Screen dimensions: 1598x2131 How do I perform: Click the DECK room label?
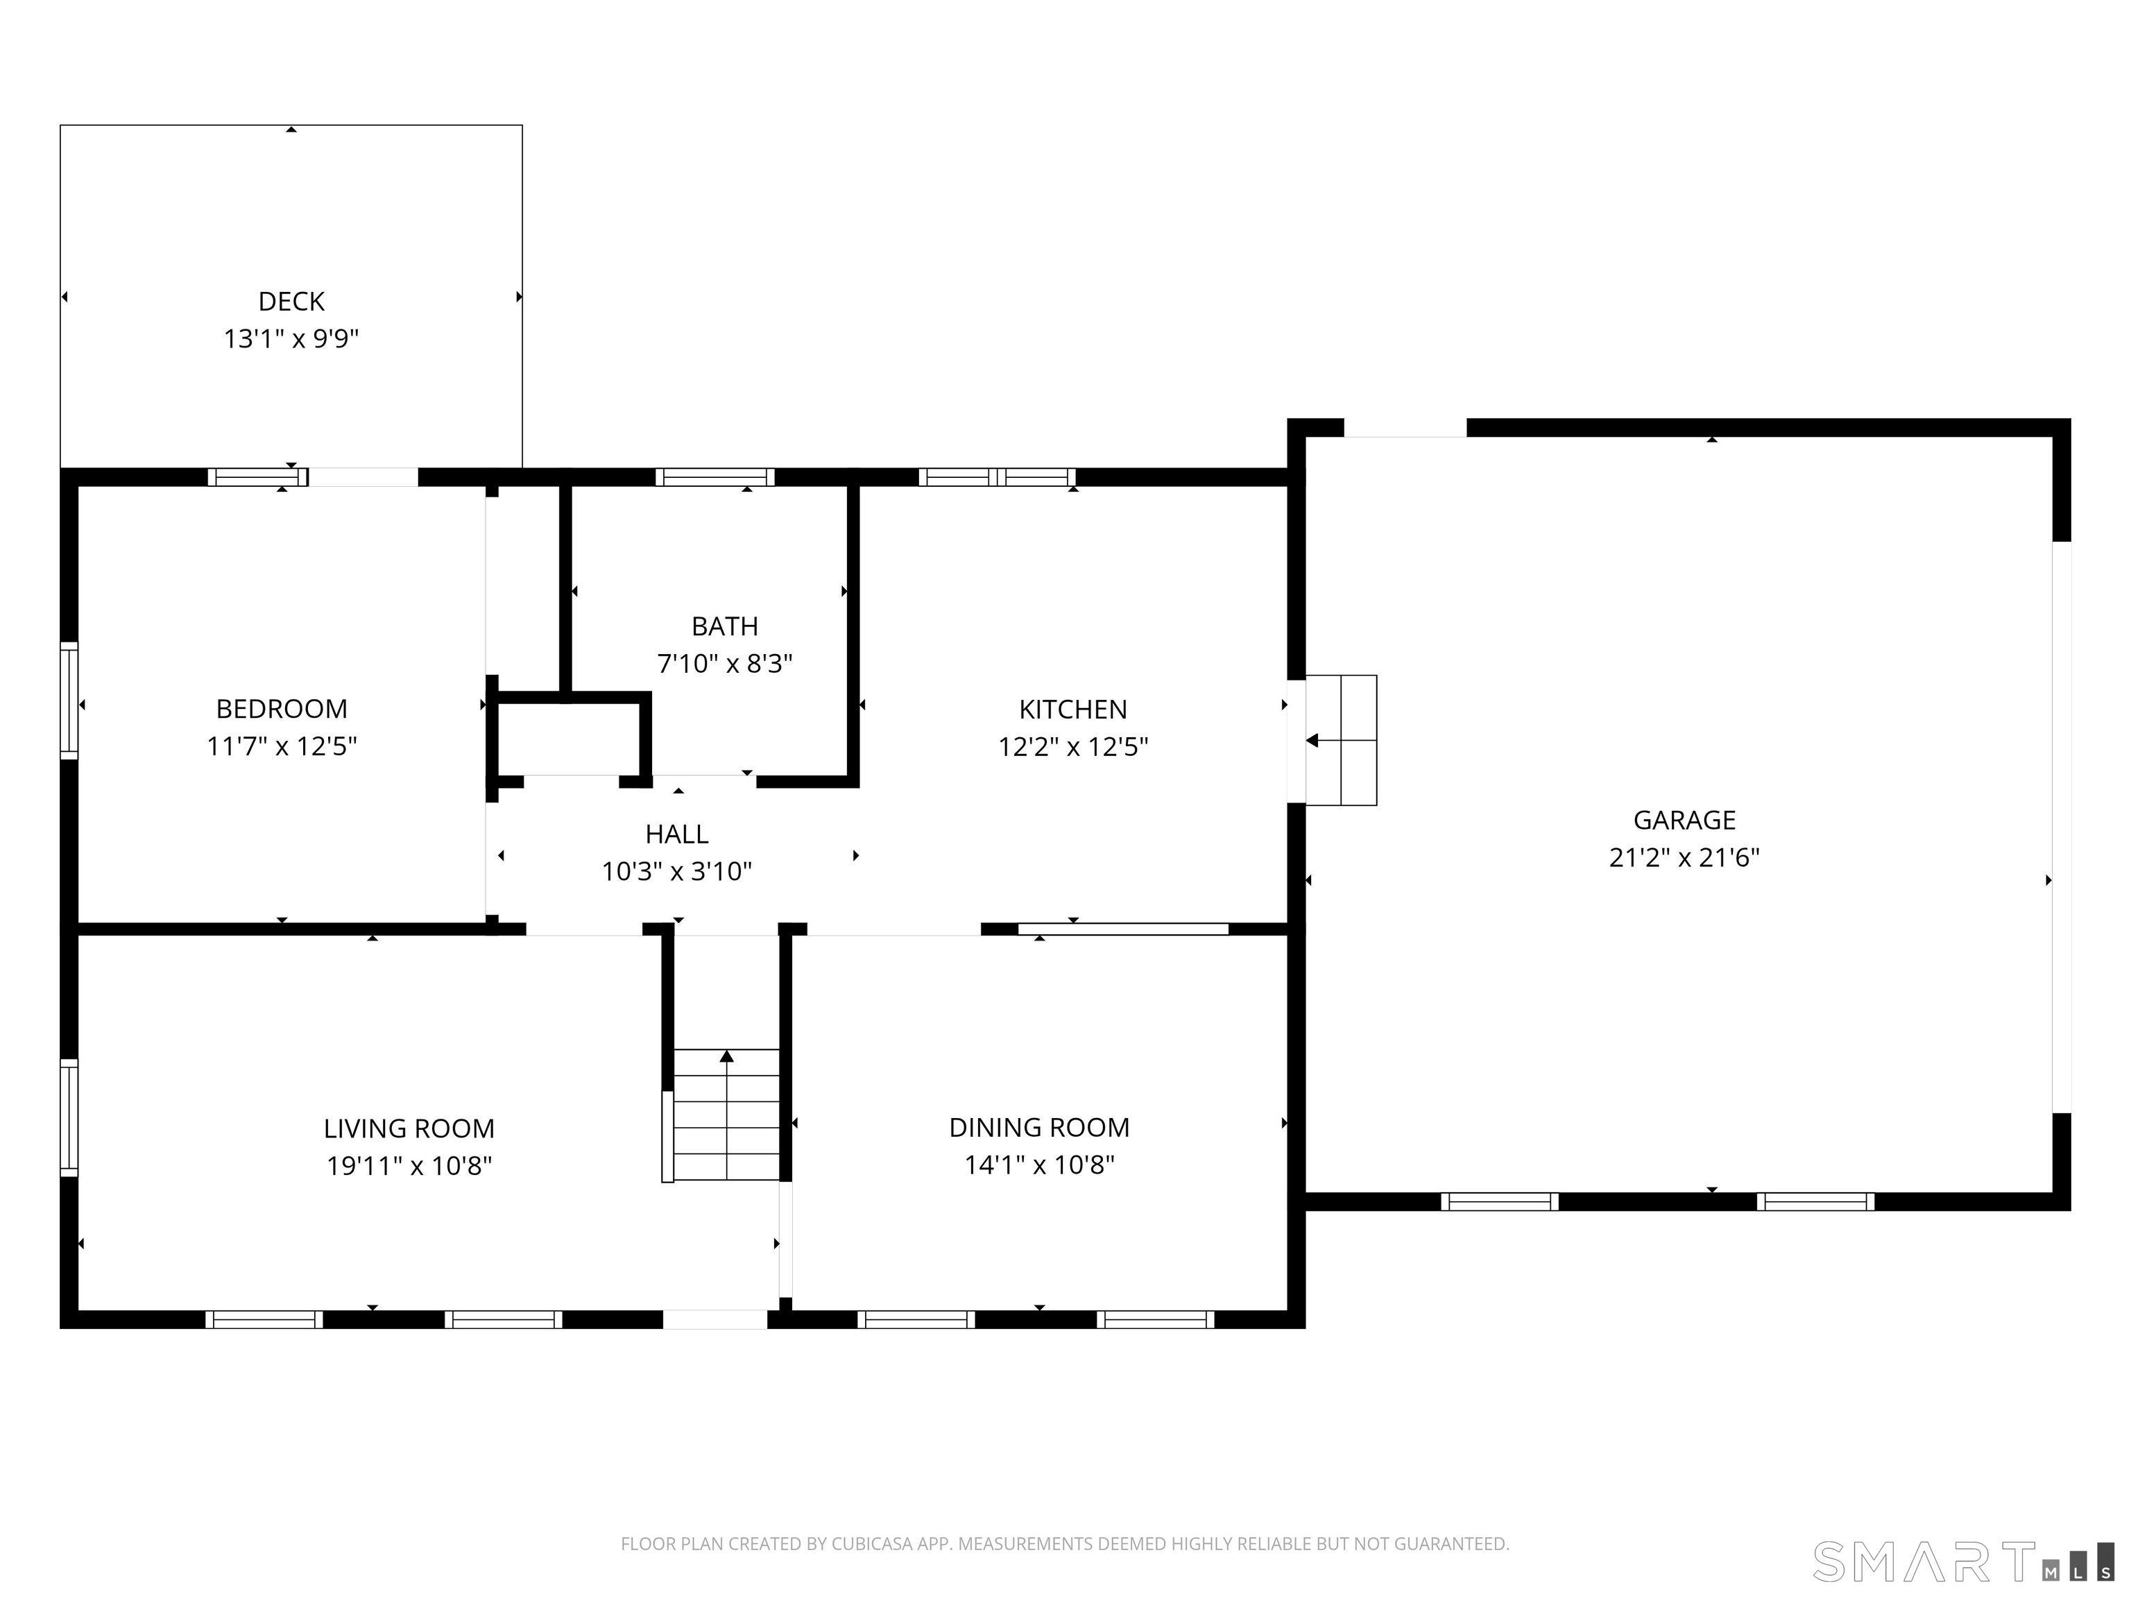[x=291, y=302]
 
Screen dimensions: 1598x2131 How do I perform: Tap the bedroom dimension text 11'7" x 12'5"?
[x=282, y=746]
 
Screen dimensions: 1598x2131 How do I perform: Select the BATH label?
[x=724, y=626]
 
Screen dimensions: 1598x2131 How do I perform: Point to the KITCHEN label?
[x=1072, y=709]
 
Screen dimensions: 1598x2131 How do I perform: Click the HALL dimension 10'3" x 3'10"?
[x=676, y=872]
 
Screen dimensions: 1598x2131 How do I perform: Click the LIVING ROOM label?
[x=409, y=1128]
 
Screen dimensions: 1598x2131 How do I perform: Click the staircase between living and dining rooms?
[x=726, y=1115]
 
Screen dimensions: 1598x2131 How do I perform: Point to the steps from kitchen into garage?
[x=1341, y=740]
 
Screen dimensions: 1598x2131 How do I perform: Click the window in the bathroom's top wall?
[x=714, y=476]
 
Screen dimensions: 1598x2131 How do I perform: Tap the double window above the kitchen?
[x=997, y=476]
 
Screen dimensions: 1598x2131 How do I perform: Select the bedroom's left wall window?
[x=69, y=701]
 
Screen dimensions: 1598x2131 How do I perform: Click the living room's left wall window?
[x=69, y=1117]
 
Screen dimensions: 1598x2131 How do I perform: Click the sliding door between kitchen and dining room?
[x=1122, y=929]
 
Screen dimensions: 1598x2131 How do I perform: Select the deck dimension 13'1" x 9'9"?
[x=291, y=339]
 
